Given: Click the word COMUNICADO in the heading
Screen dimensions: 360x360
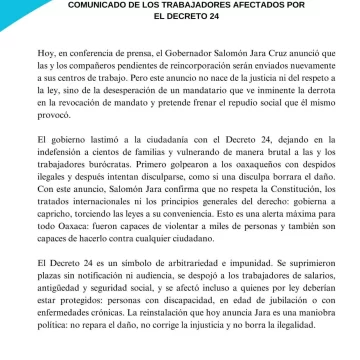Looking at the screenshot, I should tap(108, 5).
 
